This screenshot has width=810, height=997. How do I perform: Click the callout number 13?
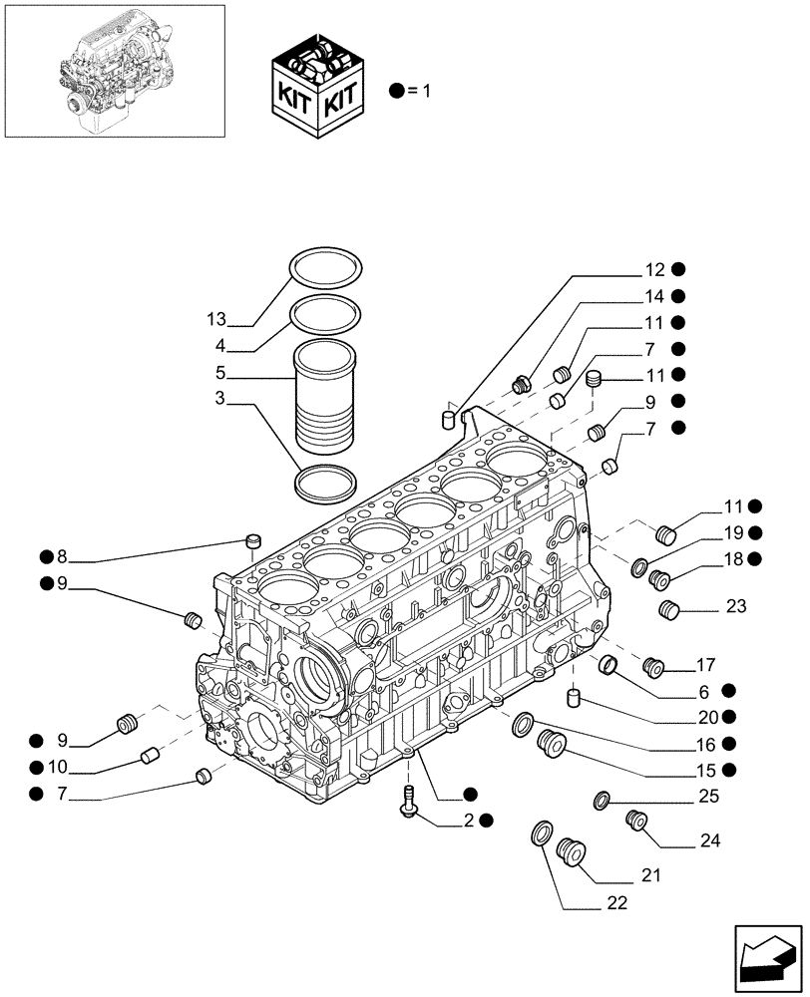click(216, 319)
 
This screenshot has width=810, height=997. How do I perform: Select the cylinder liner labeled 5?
click(325, 397)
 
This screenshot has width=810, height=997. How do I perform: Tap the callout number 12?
click(653, 269)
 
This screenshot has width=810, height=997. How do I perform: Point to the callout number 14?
click(653, 296)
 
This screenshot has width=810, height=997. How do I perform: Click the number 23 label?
click(736, 606)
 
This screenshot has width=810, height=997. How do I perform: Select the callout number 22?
click(616, 903)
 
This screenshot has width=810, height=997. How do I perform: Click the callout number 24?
click(709, 839)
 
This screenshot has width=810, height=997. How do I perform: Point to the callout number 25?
click(709, 798)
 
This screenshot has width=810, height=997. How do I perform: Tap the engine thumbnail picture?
click(114, 70)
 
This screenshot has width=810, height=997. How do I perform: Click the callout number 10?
click(58, 767)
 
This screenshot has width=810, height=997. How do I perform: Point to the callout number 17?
click(706, 663)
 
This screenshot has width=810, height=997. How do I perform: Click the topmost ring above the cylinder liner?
click(325, 269)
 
